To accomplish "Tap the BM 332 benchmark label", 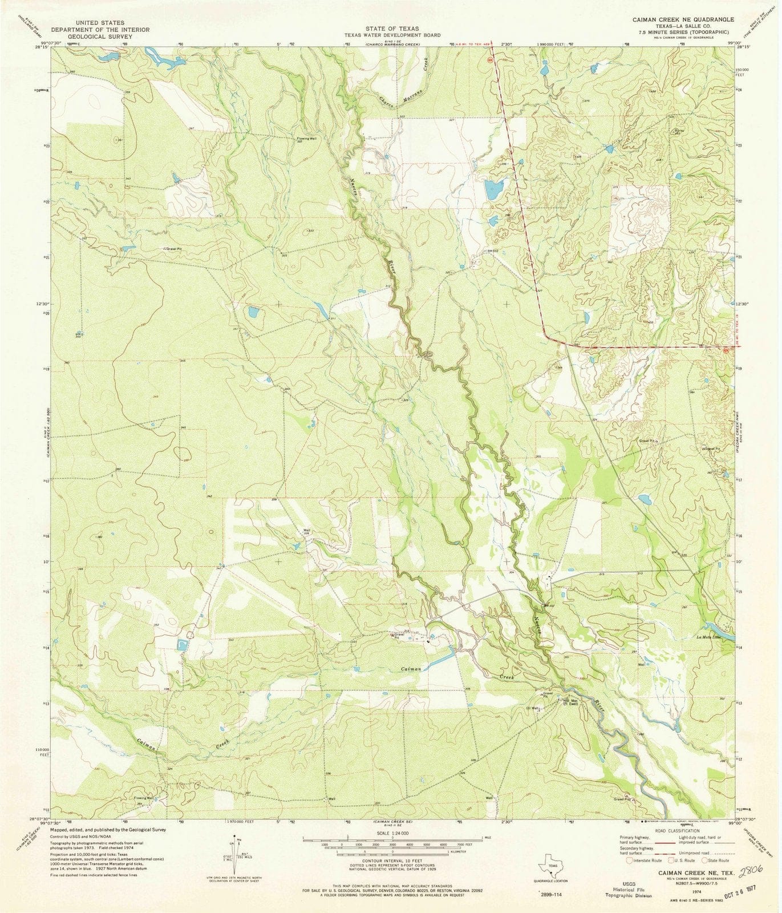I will click(x=493, y=251).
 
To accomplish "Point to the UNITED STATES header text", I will click(x=100, y=21).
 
